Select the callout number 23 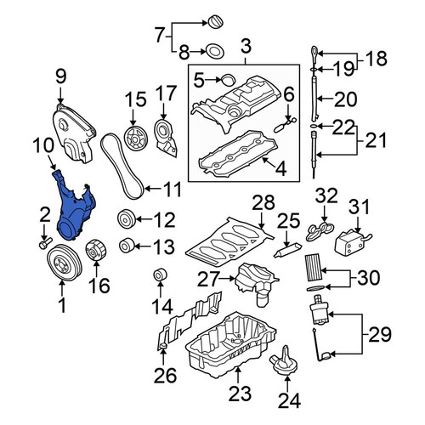tap(240, 394)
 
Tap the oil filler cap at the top tap(216, 22)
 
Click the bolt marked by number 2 tap(45, 243)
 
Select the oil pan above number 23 tap(230, 344)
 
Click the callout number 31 tap(359, 207)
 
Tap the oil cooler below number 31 tap(351, 241)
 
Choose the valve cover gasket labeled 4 tap(238, 153)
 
